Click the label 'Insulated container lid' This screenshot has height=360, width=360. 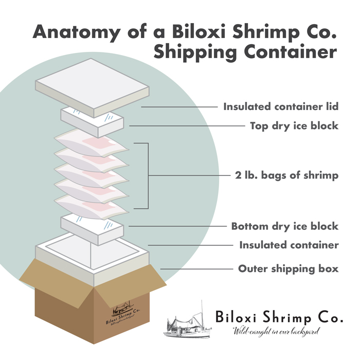(x=280, y=107)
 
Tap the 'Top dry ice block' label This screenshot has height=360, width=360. (x=294, y=125)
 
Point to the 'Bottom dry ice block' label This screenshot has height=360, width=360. (x=284, y=226)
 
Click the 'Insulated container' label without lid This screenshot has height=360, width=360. (x=289, y=245)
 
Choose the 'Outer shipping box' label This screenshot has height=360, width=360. (x=288, y=268)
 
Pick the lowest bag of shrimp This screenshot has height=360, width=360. (x=93, y=206)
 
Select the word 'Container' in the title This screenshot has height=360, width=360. (x=290, y=52)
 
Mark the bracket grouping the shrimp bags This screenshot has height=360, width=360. (x=147, y=176)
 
